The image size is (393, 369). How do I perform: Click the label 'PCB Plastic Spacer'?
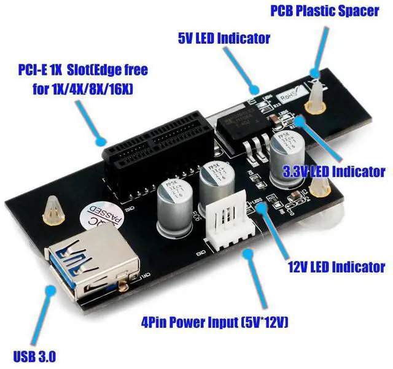point(325,11)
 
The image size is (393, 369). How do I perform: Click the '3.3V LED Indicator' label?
point(333,173)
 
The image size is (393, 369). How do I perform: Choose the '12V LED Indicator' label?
point(337,267)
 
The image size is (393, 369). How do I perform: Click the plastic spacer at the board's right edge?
point(320,196)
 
